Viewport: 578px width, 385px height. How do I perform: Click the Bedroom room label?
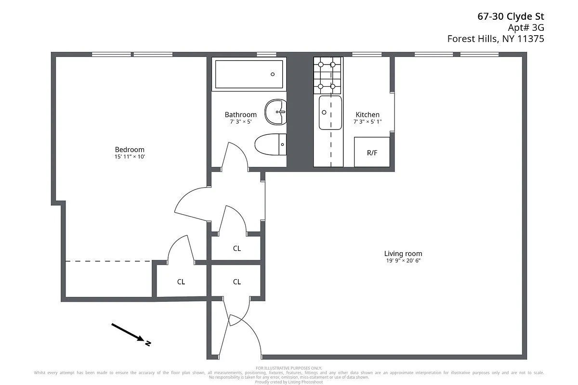coord(129,150)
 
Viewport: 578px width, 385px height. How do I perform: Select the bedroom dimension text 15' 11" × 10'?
coord(129,157)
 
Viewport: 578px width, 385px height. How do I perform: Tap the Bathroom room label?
coord(240,115)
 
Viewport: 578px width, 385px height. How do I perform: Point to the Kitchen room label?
coord(368,115)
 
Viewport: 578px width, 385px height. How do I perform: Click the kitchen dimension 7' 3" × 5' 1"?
coord(368,122)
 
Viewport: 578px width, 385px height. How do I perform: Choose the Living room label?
coord(403,254)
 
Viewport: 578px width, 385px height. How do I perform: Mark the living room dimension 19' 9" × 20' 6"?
coord(403,261)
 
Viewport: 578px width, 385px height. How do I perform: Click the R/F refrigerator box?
coord(372,153)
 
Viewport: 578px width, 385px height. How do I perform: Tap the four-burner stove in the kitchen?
coord(328,76)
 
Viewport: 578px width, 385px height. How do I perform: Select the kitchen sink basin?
coord(330,113)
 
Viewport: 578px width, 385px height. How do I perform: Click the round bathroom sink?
coord(276,111)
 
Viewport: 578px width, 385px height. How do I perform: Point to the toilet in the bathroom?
coord(270,145)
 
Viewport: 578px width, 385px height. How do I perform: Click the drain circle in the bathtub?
coord(273,74)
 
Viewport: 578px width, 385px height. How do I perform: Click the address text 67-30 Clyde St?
coord(511,17)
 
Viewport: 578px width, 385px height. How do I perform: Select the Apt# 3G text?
coord(525,28)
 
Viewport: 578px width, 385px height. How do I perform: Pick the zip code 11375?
coord(530,39)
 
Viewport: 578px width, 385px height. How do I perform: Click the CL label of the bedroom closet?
coord(181,282)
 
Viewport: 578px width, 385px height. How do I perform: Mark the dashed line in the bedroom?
coord(108,261)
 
